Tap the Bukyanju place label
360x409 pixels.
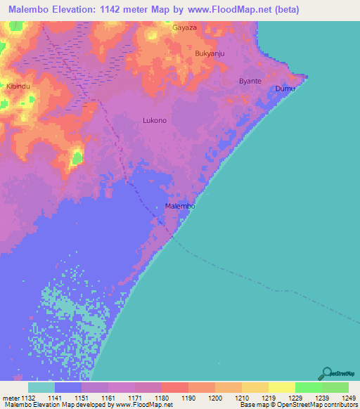point(209,53)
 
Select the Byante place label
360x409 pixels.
point(250,81)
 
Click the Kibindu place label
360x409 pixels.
point(18,86)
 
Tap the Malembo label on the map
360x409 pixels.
point(179,207)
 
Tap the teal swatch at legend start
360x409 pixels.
point(41,387)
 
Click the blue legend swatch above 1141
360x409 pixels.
point(68,387)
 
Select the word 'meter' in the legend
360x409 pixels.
point(10,397)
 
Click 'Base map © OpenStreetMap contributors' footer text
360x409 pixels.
point(298,405)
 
